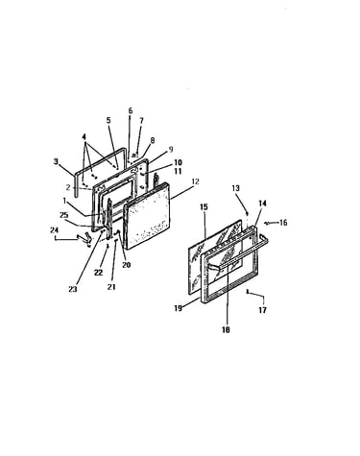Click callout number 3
56,161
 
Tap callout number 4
84,137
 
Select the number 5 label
108,120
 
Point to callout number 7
141,121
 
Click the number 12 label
195,181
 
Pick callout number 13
235,188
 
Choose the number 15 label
204,206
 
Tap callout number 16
283,223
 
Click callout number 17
262,310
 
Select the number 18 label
226,329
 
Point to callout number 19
179,308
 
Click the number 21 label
111,287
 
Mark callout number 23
73,289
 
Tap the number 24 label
54,229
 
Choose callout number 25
64,215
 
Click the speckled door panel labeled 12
147,215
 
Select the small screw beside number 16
267,223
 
